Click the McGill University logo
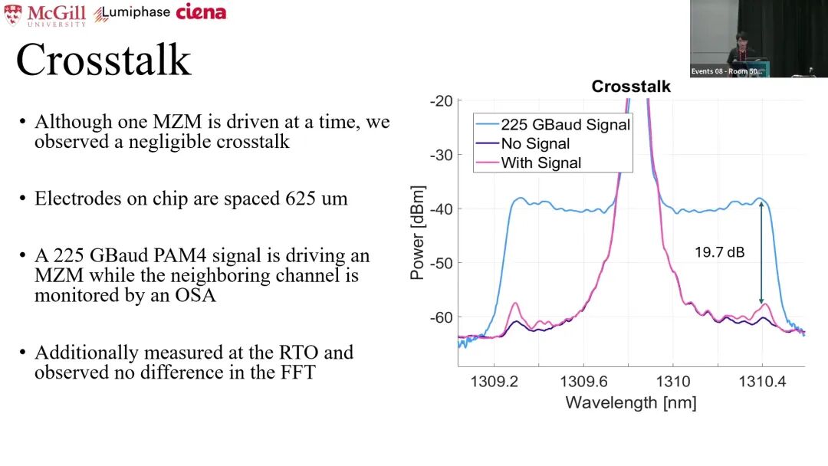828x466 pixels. [x=45, y=15]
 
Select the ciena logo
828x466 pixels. [x=201, y=11]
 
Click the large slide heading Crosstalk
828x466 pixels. [x=103, y=60]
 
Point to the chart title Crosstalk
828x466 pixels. [x=631, y=87]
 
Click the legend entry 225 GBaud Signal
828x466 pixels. [x=565, y=125]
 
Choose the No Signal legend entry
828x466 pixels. [x=535, y=144]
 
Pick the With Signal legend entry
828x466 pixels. [x=540, y=162]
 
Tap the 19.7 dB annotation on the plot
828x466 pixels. [x=719, y=251]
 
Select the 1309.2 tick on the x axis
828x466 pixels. [x=494, y=381]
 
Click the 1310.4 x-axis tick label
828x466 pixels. [x=761, y=381]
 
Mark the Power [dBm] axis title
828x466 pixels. [x=418, y=232]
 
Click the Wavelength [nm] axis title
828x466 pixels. [x=630, y=402]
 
